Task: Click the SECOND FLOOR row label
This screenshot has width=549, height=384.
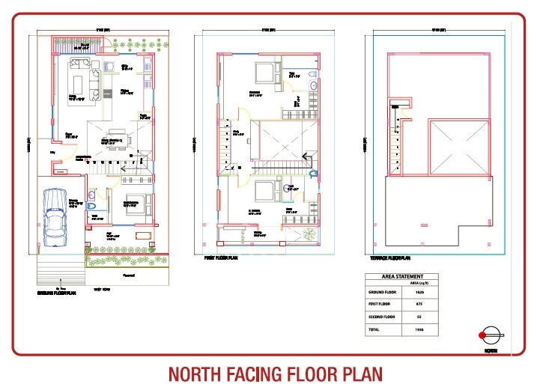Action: point(383,317)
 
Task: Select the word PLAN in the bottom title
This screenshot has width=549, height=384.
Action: point(360,373)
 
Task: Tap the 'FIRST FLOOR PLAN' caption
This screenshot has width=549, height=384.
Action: point(222,257)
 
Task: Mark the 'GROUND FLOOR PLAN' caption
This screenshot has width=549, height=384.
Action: point(57,293)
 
